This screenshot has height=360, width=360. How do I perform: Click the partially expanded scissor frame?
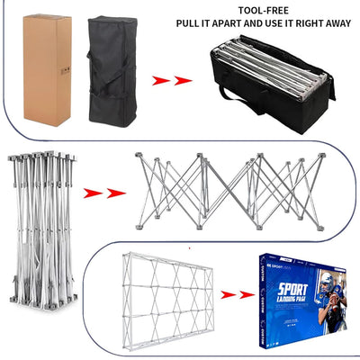point(230,188)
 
